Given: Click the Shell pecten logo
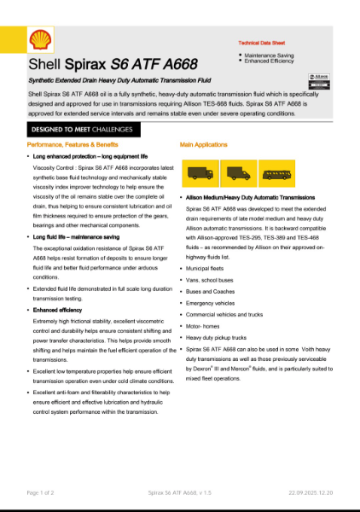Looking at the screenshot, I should click(x=40, y=40).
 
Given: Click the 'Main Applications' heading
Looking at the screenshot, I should click(x=205, y=145).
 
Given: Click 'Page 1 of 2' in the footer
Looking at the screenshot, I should click(x=41, y=492).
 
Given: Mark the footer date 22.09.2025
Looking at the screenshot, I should click(x=309, y=492).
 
